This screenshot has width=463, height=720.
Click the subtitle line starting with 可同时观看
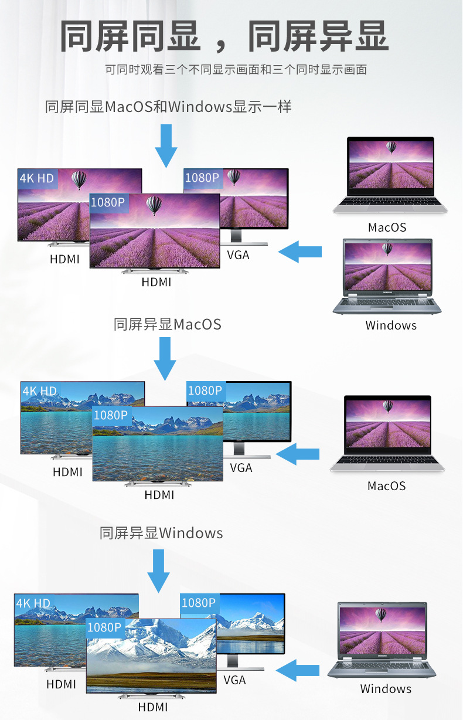click(236, 70)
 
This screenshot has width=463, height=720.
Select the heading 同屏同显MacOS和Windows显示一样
click(168, 107)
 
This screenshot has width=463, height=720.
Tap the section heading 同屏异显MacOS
click(168, 324)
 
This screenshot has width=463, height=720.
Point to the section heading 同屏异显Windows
click(161, 533)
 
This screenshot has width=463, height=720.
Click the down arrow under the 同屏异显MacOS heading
click(165, 358)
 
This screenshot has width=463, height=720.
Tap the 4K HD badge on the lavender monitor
click(36, 178)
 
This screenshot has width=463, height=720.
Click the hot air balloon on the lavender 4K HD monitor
click(79, 179)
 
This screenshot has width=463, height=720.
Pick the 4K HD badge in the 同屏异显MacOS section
click(39, 391)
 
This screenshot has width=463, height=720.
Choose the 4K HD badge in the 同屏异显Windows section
click(33, 603)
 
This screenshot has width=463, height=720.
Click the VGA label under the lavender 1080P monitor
click(238, 255)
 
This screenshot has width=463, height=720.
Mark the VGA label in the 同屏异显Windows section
click(234, 680)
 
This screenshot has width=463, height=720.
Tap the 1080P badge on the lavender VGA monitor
click(202, 177)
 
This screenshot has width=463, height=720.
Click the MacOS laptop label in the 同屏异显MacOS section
click(386, 486)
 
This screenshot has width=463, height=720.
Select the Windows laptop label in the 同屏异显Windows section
click(386, 689)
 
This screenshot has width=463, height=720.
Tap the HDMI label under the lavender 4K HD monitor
click(64, 259)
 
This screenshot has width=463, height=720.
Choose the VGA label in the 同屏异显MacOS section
click(241, 468)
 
